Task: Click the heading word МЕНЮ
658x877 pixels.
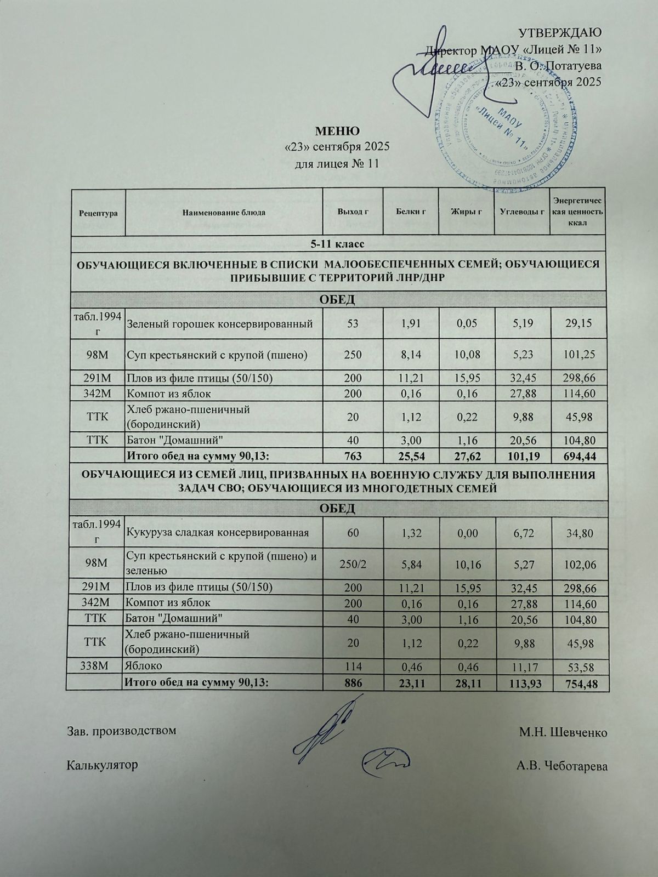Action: pos(337,132)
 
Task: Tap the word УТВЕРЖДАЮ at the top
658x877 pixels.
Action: pos(560,32)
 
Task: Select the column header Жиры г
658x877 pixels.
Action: pos(466,212)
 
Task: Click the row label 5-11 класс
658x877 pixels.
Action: pos(338,243)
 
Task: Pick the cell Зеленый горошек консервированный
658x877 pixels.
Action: pos(220,324)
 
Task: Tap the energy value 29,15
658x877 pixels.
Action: pos(578,324)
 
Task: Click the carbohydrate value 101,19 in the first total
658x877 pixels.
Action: pos(522,456)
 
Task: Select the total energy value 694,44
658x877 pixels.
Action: pos(578,456)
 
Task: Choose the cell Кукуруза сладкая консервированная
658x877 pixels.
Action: pos(218,532)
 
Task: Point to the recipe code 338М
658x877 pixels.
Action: pos(95,667)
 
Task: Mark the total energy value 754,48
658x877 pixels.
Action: pos(578,683)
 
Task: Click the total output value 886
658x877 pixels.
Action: pos(352,683)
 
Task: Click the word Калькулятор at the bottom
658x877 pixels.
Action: pos(102,765)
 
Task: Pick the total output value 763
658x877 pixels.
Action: pos(352,456)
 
